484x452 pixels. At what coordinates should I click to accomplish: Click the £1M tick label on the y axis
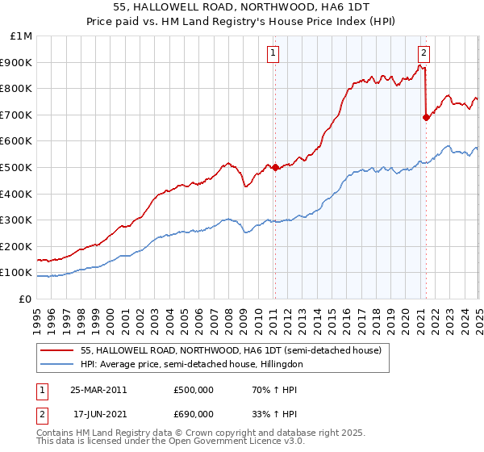pos(22,36)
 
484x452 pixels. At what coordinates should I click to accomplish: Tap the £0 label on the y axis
pos(26,299)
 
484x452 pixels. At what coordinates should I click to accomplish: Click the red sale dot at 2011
pos(274,167)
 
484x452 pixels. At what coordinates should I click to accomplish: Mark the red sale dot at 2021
pos(426,117)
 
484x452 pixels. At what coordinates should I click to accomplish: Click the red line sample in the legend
pos(58,349)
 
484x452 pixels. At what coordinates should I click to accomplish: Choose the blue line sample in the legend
pos(58,364)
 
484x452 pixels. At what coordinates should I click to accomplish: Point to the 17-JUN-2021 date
pos(96,416)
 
